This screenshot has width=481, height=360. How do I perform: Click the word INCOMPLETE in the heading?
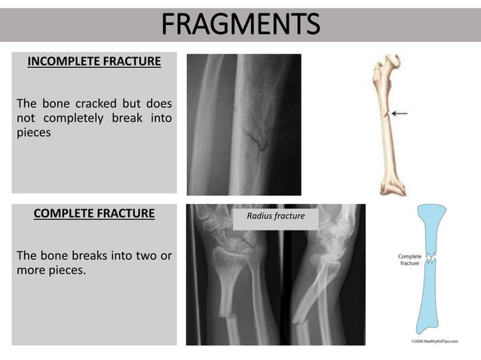pyautogui.click(x=66, y=62)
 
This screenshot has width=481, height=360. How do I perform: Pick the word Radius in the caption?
pyautogui.click(x=259, y=217)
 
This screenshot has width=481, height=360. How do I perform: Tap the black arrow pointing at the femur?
pyautogui.click(x=400, y=113)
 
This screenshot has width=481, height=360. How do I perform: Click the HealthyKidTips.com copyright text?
pyautogui.click(x=434, y=341)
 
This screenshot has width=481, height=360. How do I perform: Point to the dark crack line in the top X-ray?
pyautogui.click(x=257, y=136)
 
